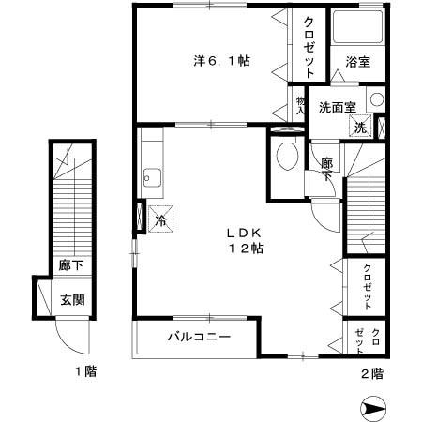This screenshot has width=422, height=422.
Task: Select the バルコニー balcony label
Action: click(200, 336)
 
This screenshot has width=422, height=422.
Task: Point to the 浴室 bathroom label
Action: click(357, 62)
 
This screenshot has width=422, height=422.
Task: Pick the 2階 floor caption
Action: click(371, 372)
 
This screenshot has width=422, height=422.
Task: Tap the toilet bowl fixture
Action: click(287, 151)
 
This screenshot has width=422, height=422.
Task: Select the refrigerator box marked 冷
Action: click(159, 219)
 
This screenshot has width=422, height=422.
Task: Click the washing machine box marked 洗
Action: click(360, 128)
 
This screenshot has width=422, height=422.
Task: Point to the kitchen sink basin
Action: click(151, 176)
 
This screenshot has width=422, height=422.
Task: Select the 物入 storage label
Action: click(301, 104)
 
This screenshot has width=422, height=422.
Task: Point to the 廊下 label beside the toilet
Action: click(326, 170)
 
